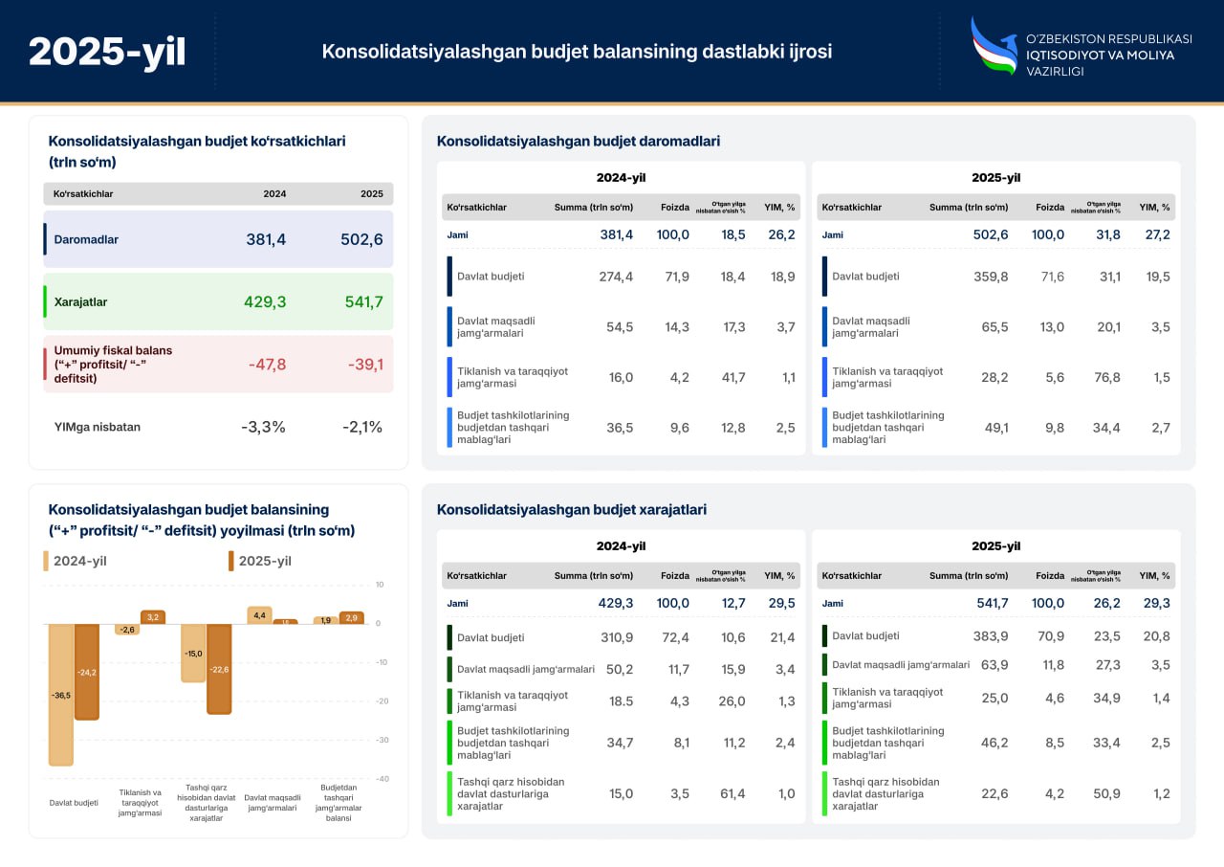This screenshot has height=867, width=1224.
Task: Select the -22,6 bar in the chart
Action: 218,669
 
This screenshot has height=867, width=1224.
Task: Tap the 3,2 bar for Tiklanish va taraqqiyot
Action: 153,617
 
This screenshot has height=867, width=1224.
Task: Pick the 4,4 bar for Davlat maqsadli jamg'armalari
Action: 259,615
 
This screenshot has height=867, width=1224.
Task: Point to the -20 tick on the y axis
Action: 381,700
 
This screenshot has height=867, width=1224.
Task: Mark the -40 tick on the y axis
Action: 381,779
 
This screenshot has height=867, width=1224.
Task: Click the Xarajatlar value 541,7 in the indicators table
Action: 363,301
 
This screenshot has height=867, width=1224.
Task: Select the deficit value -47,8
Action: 267,364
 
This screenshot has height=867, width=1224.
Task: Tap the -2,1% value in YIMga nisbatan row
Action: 362,427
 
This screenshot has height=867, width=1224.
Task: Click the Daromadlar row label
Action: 86,239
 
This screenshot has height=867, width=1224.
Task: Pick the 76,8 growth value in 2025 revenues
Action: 1106,377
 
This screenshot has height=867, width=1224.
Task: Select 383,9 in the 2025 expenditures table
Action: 990,636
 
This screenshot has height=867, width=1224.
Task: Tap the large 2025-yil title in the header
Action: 107,52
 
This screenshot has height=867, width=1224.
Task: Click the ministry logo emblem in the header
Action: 994,46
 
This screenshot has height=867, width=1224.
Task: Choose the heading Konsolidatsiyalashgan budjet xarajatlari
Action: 571,510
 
